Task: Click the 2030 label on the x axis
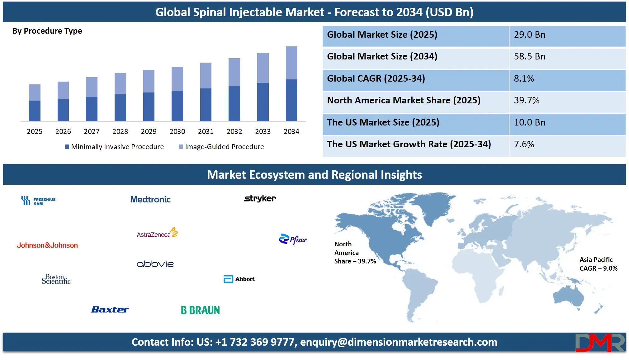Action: [177, 131]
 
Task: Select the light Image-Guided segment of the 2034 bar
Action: [291, 63]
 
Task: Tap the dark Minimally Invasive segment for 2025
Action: [35, 111]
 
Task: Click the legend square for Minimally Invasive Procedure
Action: [67, 147]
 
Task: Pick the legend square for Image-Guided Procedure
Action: [181, 147]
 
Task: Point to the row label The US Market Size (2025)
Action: [383, 122]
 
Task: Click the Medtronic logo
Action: [150, 199]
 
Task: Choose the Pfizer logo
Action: [293, 239]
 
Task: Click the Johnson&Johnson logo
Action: [47, 245]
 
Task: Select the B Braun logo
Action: [200, 310]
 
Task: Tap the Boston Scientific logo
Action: [56, 279]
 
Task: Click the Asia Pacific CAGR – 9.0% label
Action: [598, 264]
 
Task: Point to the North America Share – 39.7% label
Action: [355, 253]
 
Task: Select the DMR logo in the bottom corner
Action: [599, 343]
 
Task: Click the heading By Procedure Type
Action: [47, 31]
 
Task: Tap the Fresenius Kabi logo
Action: [38, 201]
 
